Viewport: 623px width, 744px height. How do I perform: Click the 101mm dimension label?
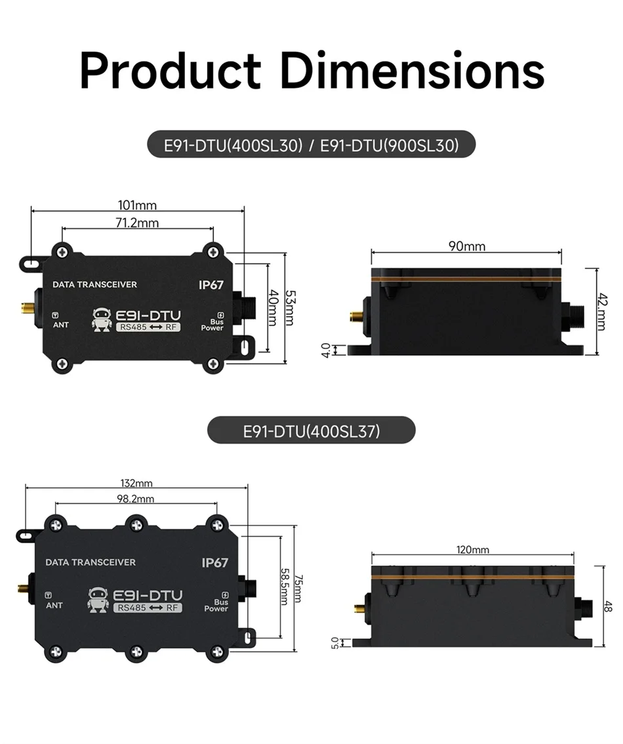tap(137, 205)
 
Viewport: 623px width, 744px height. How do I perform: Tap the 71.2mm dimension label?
tap(137, 222)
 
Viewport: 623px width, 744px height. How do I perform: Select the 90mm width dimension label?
tap(467, 246)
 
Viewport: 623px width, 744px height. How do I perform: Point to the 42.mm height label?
tap(601, 311)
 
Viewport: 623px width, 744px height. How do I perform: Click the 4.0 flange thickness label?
tap(326, 350)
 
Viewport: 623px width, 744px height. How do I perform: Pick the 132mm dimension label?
tap(136, 483)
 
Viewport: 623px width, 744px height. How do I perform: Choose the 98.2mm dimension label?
tap(136, 499)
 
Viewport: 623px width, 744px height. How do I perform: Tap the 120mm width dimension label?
tap(473, 549)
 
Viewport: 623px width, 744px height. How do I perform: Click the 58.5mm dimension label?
tap(285, 587)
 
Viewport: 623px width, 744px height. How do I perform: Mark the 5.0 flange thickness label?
tap(334, 643)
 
